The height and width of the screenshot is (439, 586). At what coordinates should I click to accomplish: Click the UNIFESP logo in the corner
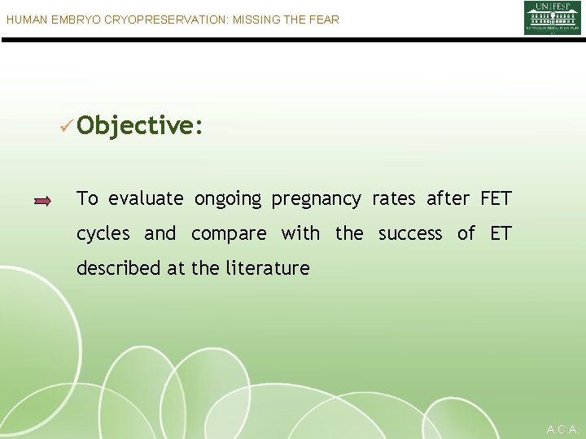(552, 18)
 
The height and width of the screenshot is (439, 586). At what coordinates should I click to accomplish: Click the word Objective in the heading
(140, 125)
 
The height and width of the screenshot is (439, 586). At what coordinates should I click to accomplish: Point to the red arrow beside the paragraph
(43, 200)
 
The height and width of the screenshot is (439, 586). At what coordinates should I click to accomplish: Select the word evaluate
(146, 199)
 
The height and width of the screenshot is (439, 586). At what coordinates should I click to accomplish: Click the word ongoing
(228, 199)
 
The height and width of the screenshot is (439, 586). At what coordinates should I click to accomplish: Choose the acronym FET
(496, 198)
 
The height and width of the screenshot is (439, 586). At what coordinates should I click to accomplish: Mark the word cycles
(103, 234)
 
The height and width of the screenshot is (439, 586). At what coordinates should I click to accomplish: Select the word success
(410, 234)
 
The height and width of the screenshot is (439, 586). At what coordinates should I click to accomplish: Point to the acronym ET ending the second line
(501, 233)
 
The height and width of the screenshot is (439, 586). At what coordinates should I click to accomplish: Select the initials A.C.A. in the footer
(562, 428)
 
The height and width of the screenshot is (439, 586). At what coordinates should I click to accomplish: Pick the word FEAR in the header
(323, 19)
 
